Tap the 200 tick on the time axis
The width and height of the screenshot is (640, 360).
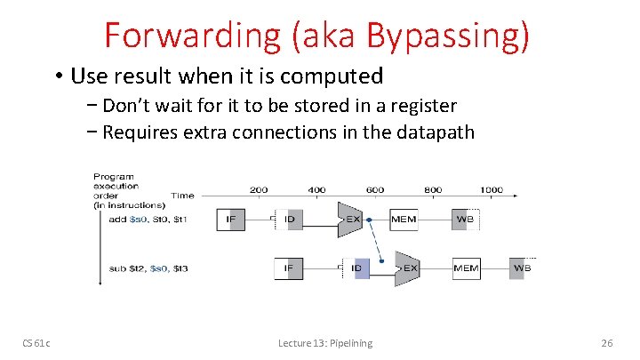[x=259, y=190]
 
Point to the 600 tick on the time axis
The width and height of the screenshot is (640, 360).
[x=374, y=190]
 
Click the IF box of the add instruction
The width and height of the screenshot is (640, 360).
[x=229, y=219]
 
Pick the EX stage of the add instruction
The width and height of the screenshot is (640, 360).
[x=349, y=219]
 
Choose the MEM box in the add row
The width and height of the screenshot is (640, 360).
[x=404, y=219]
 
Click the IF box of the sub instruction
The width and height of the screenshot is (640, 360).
[x=287, y=267]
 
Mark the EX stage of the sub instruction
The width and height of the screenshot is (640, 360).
[x=407, y=267]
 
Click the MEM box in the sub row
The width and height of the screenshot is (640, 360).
[x=465, y=267]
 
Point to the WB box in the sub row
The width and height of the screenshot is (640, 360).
[x=522, y=267]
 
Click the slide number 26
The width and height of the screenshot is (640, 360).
[x=608, y=343]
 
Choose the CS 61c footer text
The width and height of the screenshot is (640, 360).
[x=36, y=343]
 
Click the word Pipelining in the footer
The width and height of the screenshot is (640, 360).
[x=351, y=343]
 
